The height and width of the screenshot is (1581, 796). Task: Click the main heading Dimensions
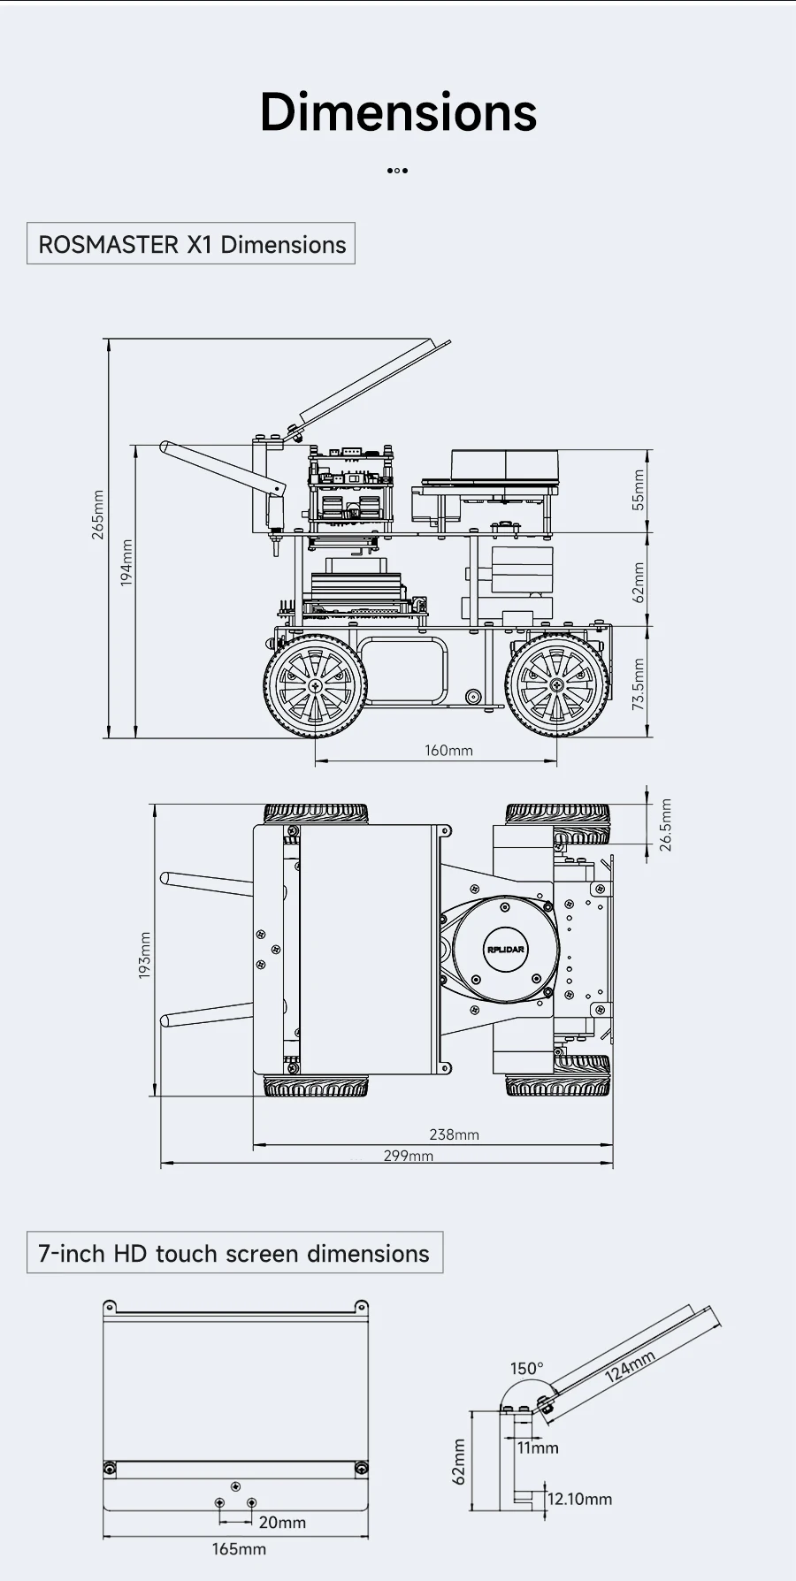398,112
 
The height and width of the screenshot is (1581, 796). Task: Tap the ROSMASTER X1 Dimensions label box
191,244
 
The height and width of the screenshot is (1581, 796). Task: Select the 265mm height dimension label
98,515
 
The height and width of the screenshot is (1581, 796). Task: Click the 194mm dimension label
126,563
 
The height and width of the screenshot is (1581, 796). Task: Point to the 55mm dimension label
639,489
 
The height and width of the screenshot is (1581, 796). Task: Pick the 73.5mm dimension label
639,684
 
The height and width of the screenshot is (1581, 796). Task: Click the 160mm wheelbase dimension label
448,751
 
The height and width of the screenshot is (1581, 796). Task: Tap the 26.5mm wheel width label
666,824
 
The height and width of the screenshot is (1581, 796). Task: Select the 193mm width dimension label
145,955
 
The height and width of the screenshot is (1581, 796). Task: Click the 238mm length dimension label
454,1134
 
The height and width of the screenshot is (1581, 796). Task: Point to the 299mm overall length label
408,1156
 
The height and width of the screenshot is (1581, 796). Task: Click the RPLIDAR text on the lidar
505,950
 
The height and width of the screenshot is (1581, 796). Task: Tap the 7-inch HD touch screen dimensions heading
234,1253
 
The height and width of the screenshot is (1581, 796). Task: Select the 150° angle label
526,1369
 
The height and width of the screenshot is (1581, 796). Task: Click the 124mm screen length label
630,1366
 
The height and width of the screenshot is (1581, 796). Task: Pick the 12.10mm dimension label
579,1499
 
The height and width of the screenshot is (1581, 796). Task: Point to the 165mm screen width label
239,1549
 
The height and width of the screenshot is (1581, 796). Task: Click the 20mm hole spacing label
282,1522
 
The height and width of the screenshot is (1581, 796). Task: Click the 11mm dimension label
538,1447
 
